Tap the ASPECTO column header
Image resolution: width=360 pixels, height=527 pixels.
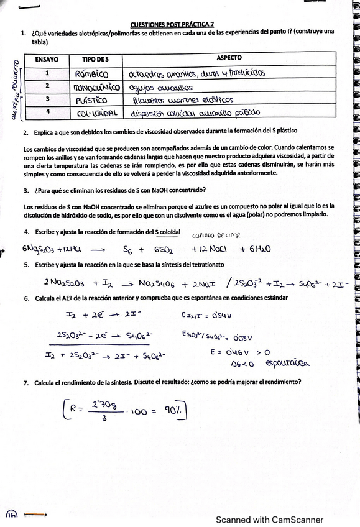229,58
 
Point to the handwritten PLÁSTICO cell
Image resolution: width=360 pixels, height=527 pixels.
91,99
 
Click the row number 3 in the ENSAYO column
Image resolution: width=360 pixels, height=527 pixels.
47,99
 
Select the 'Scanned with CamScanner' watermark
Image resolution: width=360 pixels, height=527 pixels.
269,520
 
